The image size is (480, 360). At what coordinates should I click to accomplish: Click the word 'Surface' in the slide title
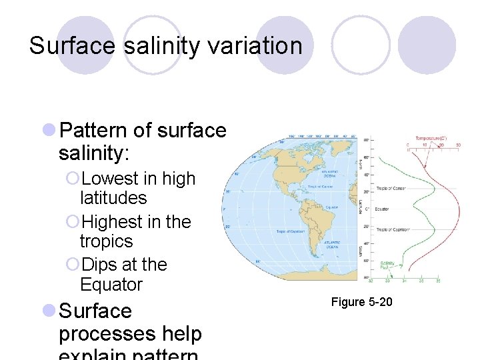63,46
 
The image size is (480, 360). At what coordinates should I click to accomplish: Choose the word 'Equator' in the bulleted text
111,285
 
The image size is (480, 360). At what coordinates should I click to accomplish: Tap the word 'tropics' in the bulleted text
106,241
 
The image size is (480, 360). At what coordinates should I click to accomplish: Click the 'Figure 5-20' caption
362,303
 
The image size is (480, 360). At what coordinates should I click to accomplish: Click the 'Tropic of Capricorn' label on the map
289,231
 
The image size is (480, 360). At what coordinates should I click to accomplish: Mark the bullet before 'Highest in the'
73,222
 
